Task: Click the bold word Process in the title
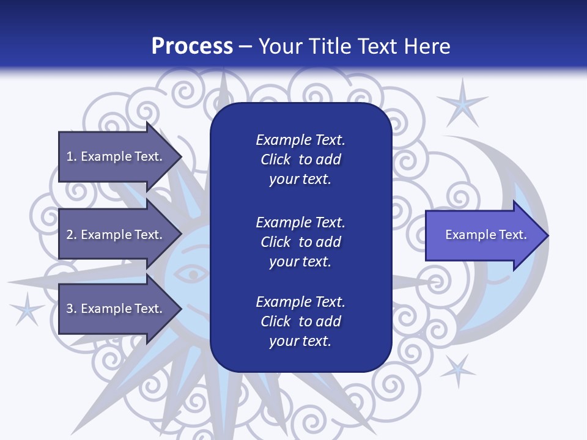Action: pyautogui.click(x=192, y=46)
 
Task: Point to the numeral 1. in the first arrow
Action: pyautogui.click(x=72, y=156)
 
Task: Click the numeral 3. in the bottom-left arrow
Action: pyautogui.click(x=72, y=309)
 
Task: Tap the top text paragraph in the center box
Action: pyautogui.click(x=300, y=159)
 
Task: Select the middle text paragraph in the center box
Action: pyautogui.click(x=300, y=242)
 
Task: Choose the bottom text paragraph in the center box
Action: pyautogui.click(x=300, y=321)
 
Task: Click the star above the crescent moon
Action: pyautogui.click(x=463, y=103)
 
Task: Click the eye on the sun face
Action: pyautogui.click(x=194, y=274)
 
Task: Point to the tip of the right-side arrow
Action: pyautogui.click(x=547, y=235)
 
